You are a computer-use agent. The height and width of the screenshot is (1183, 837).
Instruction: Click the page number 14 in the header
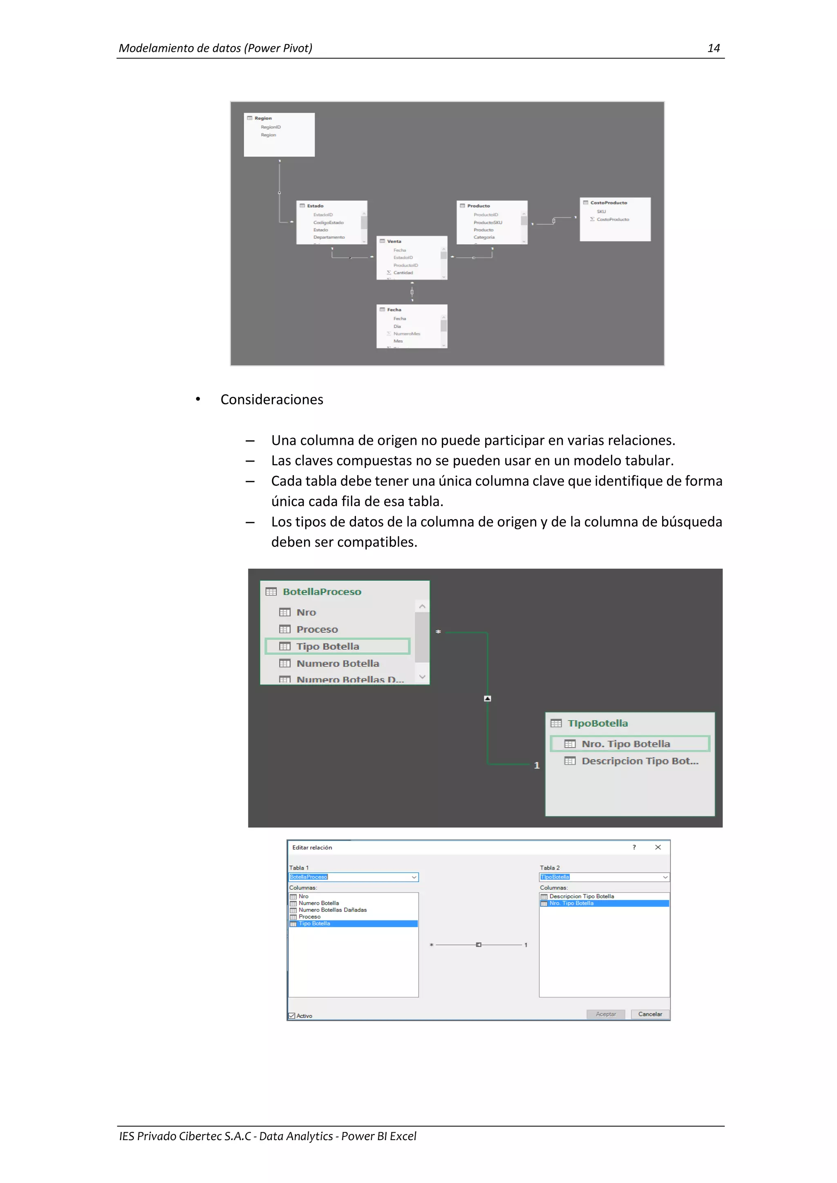[713, 49]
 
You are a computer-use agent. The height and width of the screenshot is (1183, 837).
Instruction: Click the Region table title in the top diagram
[263, 118]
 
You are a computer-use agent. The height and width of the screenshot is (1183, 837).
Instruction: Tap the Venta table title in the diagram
[394, 241]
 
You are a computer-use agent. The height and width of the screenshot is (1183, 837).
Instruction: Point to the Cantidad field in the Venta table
[403, 272]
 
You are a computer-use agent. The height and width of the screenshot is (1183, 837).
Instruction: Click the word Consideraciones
[272, 400]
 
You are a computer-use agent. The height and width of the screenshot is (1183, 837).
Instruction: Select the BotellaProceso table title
[322, 591]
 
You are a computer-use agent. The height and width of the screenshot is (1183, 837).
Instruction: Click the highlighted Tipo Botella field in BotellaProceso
[328, 646]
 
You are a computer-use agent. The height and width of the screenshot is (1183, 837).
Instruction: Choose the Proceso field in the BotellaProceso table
[317, 629]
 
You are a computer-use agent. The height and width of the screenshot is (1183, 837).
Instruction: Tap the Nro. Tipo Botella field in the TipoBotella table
[626, 743]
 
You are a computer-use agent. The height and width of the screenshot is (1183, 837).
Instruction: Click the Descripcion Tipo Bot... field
[640, 761]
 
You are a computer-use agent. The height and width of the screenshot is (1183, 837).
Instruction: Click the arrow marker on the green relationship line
[488, 698]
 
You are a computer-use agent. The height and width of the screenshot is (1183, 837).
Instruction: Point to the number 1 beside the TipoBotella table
[537, 765]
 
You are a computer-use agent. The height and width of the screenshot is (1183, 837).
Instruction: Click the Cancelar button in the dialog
[650, 1014]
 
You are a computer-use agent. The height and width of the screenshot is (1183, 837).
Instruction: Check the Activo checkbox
[292, 1016]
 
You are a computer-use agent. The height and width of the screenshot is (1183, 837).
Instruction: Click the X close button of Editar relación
[658, 847]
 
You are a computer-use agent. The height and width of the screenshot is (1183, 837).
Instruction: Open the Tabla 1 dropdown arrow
[414, 877]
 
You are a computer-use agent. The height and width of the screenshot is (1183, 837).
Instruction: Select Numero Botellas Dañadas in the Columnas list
[332, 910]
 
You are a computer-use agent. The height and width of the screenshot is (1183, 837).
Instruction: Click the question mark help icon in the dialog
[634, 847]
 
